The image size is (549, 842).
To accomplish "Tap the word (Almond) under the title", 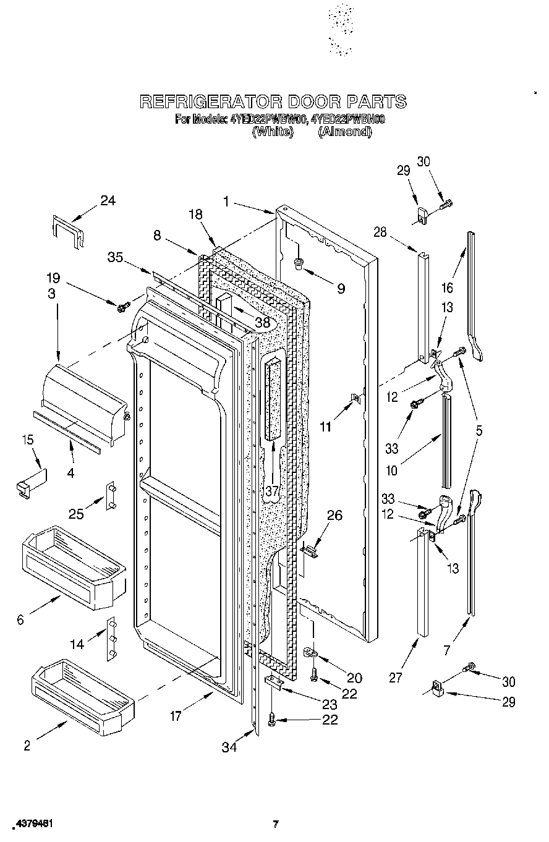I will click(x=344, y=131).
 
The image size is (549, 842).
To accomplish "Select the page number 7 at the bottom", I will click(x=276, y=823).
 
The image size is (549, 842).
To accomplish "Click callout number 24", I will click(x=108, y=200).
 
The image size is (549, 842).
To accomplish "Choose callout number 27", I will click(x=396, y=678).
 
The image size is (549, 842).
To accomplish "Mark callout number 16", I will click(x=447, y=287).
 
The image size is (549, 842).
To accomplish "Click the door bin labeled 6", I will click(x=73, y=568).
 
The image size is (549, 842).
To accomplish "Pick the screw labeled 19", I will click(x=123, y=305).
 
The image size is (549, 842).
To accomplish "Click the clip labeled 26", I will click(x=310, y=548).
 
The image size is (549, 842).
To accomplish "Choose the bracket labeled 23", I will click(x=274, y=683).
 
